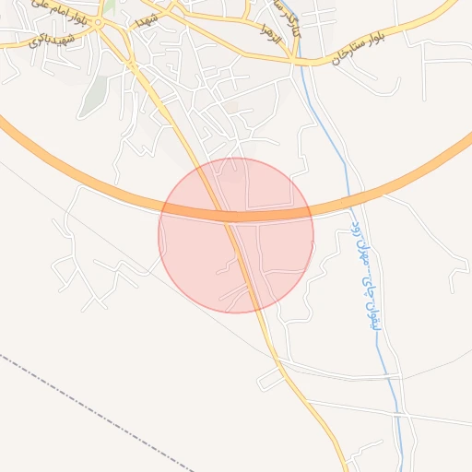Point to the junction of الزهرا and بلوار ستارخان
pos(292,61)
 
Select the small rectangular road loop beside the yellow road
pos(271,378)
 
